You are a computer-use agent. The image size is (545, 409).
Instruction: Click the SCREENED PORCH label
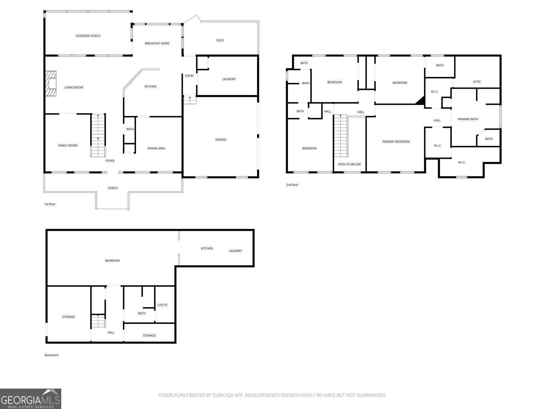pyautogui.click(x=88, y=36)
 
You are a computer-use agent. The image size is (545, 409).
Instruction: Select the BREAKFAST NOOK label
pyautogui.click(x=157, y=43)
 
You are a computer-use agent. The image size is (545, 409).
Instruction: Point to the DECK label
pyautogui.click(x=220, y=40)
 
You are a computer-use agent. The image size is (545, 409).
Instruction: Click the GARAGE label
pyautogui.click(x=221, y=139)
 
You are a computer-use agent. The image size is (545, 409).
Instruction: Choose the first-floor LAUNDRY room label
pyautogui.click(x=229, y=79)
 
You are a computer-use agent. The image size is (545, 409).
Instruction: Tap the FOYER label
pyautogui.click(x=110, y=161)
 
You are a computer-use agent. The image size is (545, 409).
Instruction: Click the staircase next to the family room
pyautogui.click(x=98, y=136)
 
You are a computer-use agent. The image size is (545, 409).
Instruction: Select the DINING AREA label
pyautogui.click(x=156, y=148)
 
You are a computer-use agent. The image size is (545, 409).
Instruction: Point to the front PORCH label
pyautogui.click(x=113, y=188)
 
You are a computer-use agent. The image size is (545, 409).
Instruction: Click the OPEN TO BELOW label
pyautogui.click(x=349, y=164)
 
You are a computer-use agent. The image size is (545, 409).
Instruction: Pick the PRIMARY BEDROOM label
pyautogui.click(x=396, y=141)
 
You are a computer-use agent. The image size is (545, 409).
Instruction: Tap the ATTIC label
pyautogui.click(x=477, y=81)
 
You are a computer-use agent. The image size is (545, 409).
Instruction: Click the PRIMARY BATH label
pyautogui.click(x=468, y=119)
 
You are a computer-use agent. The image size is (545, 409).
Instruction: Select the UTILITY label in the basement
pyautogui.click(x=162, y=305)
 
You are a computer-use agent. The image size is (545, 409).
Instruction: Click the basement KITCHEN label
pyautogui.click(x=207, y=248)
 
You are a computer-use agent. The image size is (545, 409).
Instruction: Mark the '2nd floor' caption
pyautogui.click(x=292, y=185)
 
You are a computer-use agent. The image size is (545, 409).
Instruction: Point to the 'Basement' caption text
pyautogui.click(x=51, y=355)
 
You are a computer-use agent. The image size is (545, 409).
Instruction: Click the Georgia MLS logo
pyautogui.click(x=30, y=399)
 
